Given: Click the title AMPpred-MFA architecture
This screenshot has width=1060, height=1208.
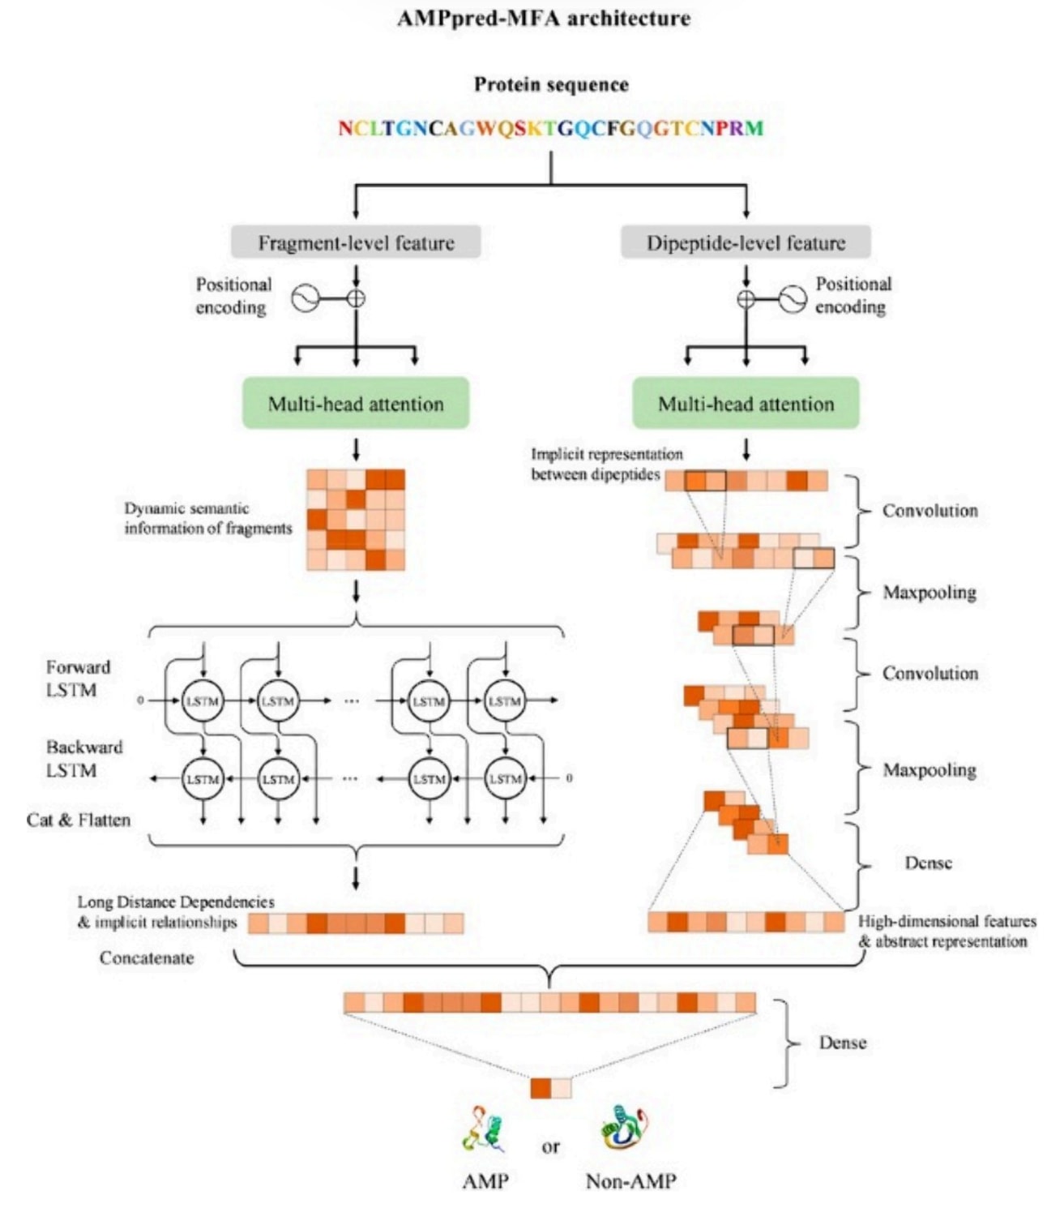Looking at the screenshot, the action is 544,19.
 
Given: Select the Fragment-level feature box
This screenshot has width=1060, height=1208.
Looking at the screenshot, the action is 356,242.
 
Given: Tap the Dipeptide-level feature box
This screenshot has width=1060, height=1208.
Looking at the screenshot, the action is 746,242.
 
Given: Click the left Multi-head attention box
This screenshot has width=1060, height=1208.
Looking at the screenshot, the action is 356,403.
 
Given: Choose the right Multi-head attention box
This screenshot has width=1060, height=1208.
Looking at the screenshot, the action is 746,403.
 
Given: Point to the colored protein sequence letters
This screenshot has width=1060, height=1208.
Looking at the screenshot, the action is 551,128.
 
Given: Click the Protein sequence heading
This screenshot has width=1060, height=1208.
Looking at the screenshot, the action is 551,84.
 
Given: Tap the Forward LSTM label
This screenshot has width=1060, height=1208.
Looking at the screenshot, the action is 78,679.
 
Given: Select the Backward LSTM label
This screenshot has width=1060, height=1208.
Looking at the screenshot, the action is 84,758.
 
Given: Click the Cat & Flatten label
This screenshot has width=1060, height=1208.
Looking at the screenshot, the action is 79,820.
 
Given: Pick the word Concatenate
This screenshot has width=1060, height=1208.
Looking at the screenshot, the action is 147,957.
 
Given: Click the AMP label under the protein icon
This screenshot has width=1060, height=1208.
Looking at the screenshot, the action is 485,1180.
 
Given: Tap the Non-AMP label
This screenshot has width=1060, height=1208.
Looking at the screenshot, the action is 630,1180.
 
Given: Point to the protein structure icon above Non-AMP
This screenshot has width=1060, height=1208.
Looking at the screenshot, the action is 624,1129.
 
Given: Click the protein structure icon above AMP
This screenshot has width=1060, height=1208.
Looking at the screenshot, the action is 484,1129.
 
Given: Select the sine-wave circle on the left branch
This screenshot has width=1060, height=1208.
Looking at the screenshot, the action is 305,298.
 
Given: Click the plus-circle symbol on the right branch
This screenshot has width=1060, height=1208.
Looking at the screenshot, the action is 746,298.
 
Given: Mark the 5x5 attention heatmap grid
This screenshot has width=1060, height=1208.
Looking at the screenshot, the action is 356,520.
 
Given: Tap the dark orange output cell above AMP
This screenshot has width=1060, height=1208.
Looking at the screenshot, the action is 541,1088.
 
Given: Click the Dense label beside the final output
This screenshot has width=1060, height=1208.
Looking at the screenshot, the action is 842,1043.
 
